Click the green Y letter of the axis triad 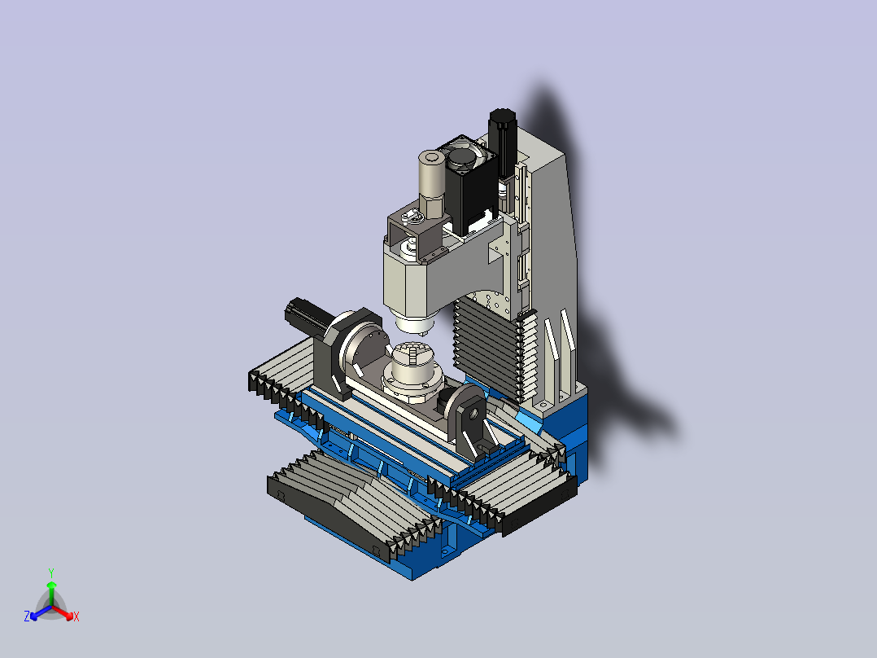pos(51,572)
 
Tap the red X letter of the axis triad pos(76,616)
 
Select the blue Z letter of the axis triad pos(27,616)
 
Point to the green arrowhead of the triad pos(51,585)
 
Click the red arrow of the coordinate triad pos(63,612)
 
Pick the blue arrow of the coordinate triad pos(41,612)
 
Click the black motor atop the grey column pos(502,141)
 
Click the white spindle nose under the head pos(414,325)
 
